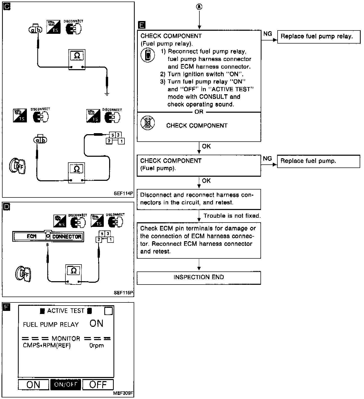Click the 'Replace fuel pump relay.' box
318,37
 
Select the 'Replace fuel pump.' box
318,161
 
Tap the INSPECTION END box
199,278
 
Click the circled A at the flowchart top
199,7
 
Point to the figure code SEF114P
123,194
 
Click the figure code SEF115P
124,293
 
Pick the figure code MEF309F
123,393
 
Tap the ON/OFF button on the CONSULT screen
66,384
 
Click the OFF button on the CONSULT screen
98,384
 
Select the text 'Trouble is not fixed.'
232,216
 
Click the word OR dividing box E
199,112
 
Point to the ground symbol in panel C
107,94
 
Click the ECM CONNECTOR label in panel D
48,236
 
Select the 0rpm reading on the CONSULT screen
97,346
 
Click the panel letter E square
141,25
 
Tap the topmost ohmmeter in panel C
77,59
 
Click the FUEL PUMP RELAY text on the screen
51,325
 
